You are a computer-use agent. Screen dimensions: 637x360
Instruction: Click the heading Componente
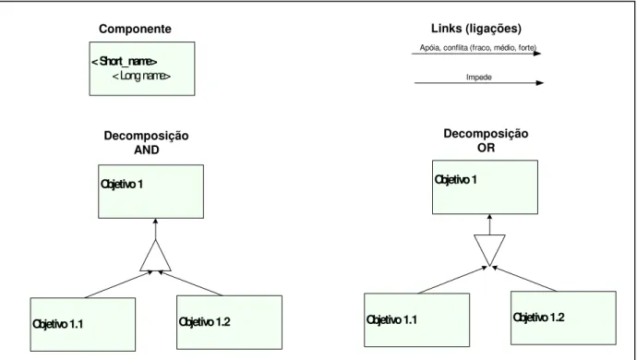(x=135, y=30)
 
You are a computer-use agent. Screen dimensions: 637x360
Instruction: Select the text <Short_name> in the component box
(x=125, y=61)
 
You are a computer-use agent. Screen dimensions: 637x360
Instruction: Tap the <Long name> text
(x=141, y=76)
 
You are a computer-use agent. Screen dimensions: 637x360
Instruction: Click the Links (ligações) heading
(x=476, y=29)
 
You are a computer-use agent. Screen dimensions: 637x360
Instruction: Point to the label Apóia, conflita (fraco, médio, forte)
(x=478, y=48)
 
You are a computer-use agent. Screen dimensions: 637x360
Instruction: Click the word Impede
(x=479, y=78)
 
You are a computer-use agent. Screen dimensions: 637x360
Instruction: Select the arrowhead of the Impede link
(x=540, y=83)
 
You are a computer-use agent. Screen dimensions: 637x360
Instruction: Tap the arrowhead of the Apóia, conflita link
(x=537, y=54)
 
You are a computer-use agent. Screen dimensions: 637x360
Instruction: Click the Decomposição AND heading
(x=146, y=143)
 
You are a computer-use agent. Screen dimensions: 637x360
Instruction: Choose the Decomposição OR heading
(x=486, y=140)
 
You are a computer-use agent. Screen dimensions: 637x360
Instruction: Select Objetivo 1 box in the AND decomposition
(x=150, y=191)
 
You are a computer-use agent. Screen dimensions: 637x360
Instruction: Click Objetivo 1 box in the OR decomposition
(x=485, y=186)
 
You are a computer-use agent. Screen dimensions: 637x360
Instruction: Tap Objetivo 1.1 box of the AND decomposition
(x=83, y=324)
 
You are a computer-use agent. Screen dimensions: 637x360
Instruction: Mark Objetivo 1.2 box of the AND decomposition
(x=229, y=322)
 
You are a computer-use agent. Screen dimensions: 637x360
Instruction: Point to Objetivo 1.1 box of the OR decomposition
(x=416, y=319)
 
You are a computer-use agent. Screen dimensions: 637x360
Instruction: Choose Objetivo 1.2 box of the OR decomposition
(x=563, y=318)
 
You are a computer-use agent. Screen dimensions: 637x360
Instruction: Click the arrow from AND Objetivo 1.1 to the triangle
(x=118, y=284)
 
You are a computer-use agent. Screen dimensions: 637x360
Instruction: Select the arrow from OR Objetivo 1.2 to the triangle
(x=524, y=279)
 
